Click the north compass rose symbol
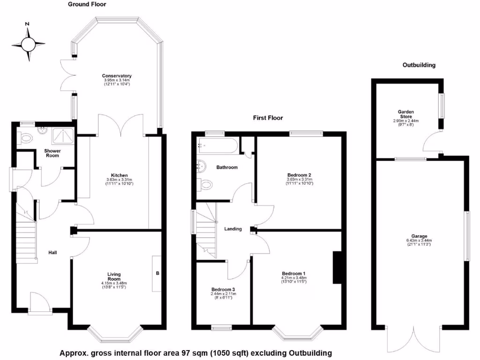28,44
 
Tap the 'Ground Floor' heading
87,5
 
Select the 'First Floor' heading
268,118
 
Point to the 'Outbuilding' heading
419,65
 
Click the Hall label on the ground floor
53,253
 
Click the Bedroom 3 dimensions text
223,296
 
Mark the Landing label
233,229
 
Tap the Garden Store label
406,114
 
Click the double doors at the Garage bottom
414,339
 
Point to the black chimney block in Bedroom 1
337,268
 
